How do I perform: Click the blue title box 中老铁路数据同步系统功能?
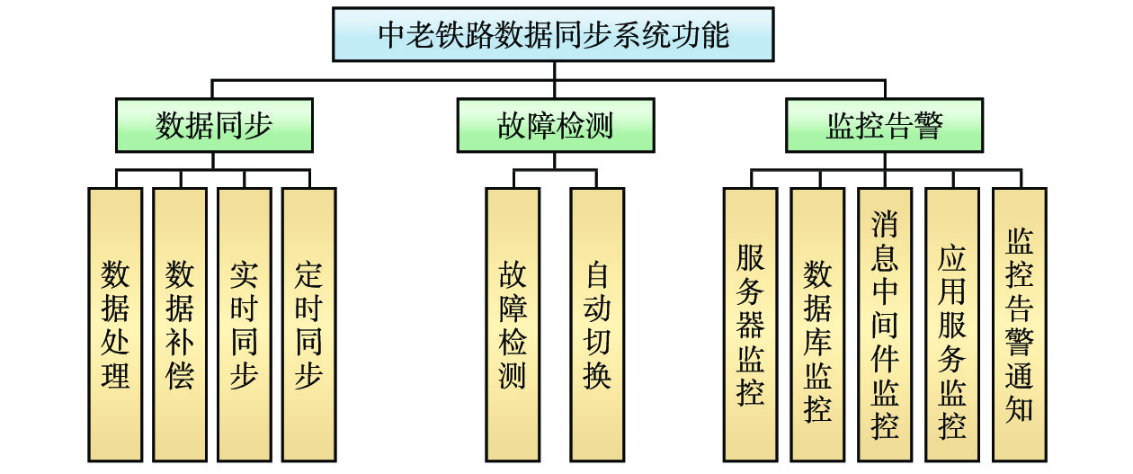[552, 34]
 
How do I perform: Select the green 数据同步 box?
[214, 125]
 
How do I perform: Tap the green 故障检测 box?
[555, 125]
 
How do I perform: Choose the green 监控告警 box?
[884, 125]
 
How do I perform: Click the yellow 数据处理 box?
[115, 324]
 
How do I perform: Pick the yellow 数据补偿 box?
[180, 324]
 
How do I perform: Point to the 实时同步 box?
[245, 324]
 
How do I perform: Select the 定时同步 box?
[308, 324]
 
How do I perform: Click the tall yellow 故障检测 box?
[513, 324]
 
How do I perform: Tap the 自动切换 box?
[597, 324]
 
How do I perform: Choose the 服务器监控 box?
[751, 324]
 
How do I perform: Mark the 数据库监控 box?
[817, 324]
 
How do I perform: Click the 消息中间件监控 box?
[885, 324]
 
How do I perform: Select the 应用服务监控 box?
[952, 324]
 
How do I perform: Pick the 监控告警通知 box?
[1019, 324]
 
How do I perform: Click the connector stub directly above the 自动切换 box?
[597, 178]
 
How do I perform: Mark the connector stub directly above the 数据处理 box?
[115, 178]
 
